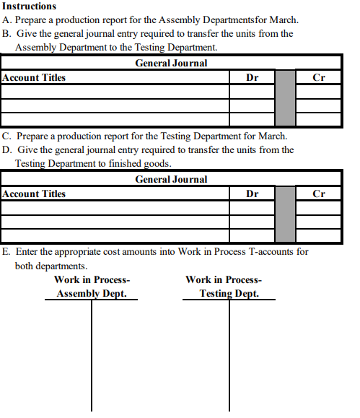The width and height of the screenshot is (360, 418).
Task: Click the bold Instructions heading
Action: tap(30, 6)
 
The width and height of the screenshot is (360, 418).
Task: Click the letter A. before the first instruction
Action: tap(6, 20)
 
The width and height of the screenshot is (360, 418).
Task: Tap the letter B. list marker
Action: tap(6, 34)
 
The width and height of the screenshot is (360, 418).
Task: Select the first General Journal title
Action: tap(171, 64)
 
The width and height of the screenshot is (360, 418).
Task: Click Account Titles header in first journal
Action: tap(34, 78)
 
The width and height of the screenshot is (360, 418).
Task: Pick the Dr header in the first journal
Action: tap(253, 78)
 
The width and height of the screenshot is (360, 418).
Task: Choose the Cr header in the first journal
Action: tap(319, 78)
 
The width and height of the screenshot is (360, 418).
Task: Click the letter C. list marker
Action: tap(6, 136)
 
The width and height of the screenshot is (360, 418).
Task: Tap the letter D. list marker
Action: tap(6, 150)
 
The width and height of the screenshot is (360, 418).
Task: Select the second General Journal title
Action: tap(171, 180)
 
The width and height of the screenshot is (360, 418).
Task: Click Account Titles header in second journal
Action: tap(34, 194)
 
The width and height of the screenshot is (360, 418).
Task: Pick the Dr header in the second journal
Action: tap(253, 194)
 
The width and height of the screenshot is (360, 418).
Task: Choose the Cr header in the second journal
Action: tap(319, 194)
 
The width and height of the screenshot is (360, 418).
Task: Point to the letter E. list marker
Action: tap(6, 252)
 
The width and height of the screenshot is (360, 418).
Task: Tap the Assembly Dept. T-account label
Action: tap(92, 294)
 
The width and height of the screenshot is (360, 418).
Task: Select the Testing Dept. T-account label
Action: tap(229, 294)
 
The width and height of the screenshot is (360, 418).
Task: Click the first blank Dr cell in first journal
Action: tap(253, 92)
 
